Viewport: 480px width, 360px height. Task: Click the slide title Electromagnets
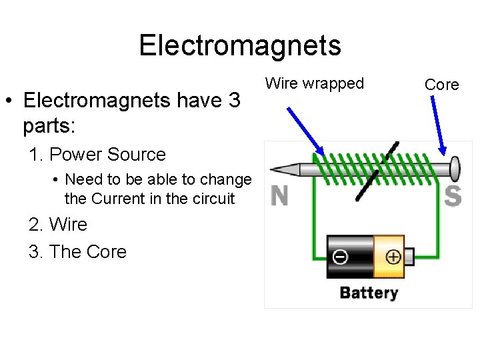click(x=239, y=45)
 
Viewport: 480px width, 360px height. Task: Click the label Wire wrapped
click(x=315, y=83)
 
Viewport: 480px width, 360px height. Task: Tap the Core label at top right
click(x=441, y=85)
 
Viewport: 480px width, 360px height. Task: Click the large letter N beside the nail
click(x=280, y=195)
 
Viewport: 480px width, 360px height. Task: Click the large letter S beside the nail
click(x=453, y=195)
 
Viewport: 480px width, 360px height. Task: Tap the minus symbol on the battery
click(x=340, y=257)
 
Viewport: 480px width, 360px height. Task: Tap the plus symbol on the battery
click(x=393, y=257)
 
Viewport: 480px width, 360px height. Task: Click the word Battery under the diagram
click(x=369, y=292)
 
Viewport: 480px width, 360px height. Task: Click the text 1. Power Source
click(x=97, y=155)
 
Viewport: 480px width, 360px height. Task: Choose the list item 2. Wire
click(x=58, y=225)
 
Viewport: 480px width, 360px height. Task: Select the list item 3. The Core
click(x=77, y=251)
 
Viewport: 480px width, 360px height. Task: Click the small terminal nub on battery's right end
click(x=409, y=256)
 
